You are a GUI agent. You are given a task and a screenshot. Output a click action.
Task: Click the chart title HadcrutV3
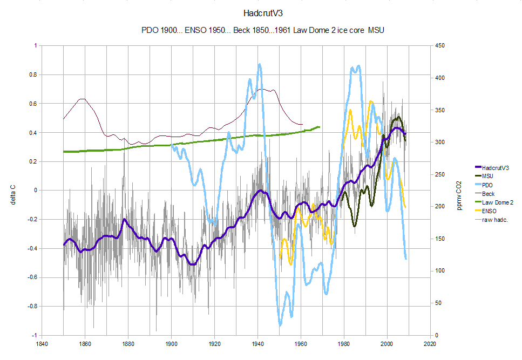click(261, 12)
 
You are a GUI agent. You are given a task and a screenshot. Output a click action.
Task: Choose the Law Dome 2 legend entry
click(497, 202)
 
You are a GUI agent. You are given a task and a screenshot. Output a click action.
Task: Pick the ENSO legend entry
click(490, 210)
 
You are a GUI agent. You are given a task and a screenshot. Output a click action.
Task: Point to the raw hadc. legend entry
click(494, 219)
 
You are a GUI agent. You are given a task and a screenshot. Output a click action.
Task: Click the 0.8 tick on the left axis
click(32, 75)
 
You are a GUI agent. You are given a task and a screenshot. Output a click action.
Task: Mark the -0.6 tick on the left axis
click(30, 277)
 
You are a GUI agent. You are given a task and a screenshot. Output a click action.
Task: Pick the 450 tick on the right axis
click(441, 46)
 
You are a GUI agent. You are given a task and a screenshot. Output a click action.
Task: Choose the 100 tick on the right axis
click(441, 271)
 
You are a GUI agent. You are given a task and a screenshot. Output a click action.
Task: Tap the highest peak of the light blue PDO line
click(260, 64)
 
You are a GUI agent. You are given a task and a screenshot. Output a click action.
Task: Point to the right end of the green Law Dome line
click(320, 127)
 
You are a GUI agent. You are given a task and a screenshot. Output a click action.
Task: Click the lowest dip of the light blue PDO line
click(280, 325)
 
